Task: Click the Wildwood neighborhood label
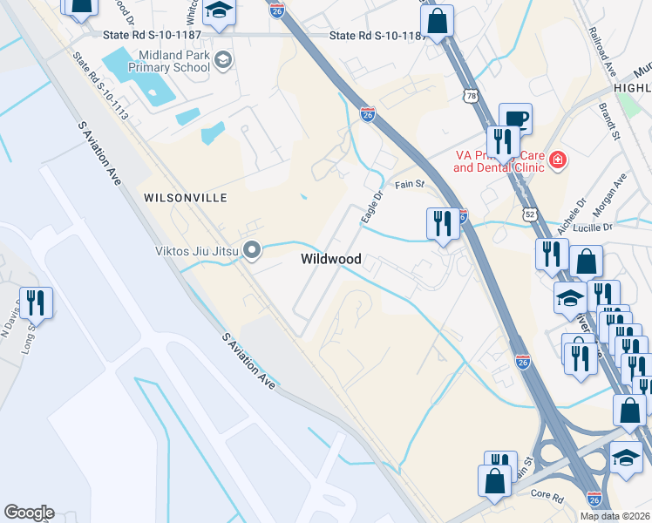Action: pyautogui.click(x=331, y=259)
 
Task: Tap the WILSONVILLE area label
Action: pyautogui.click(x=185, y=198)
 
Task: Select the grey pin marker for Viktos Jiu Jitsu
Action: pyautogui.click(x=253, y=251)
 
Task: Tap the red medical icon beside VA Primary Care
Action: pyautogui.click(x=556, y=160)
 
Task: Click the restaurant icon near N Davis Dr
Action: pyautogui.click(x=36, y=302)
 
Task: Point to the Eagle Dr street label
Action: pyautogui.click(x=372, y=207)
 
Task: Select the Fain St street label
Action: pyautogui.click(x=408, y=184)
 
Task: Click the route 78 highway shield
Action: pyautogui.click(x=472, y=97)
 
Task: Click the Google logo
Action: pyautogui.click(x=29, y=513)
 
